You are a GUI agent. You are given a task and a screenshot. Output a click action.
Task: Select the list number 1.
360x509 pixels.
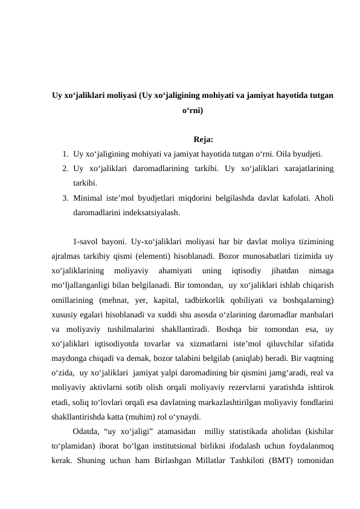click(64, 155)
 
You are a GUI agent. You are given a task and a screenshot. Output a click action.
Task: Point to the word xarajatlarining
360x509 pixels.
click(309, 169)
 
